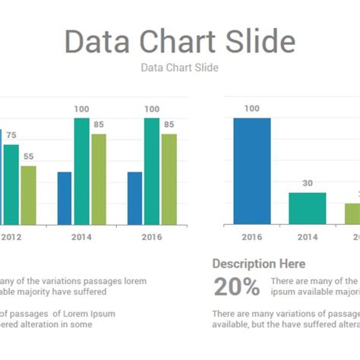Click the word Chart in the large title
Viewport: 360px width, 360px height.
point(179,42)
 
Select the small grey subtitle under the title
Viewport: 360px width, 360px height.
point(179,68)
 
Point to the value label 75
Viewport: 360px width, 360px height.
point(11,135)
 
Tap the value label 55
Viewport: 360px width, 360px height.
point(28,156)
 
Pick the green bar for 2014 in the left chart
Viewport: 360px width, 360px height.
point(99,179)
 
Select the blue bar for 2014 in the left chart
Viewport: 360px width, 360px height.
point(65,198)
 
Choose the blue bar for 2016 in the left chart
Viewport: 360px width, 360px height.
point(134,198)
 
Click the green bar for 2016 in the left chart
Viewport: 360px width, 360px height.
point(169,179)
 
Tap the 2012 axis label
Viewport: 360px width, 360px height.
point(11,237)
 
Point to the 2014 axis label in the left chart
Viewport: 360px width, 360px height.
point(81,237)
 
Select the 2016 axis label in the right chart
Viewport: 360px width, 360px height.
point(251,237)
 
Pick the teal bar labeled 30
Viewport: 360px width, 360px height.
point(307,209)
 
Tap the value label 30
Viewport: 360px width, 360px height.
point(307,183)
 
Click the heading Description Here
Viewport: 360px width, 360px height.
point(258,264)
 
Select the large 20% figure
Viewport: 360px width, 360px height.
point(236,286)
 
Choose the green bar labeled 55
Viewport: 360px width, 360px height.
point(28,195)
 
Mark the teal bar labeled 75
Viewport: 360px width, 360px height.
point(11,185)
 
